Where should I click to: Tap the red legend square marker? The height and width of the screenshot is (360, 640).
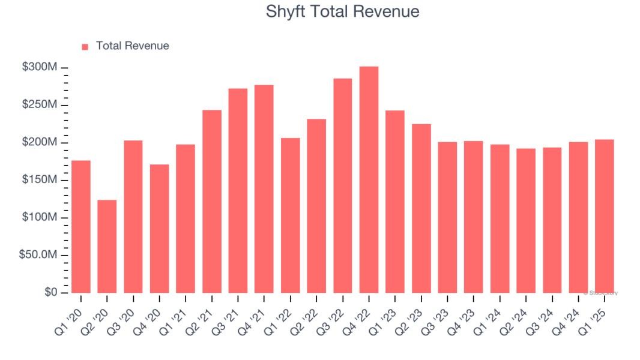[x=85, y=46]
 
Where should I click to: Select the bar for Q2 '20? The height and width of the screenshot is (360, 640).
[x=107, y=246]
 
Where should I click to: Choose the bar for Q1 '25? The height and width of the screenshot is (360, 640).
[x=604, y=216]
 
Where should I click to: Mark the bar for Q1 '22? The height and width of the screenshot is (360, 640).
[x=290, y=215]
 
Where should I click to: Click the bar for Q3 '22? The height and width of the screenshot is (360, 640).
[x=342, y=185]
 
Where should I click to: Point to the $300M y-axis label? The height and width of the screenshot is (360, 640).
[x=40, y=68]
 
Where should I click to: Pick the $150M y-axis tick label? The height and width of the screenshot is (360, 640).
[x=40, y=181]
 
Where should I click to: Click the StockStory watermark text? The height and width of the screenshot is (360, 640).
[x=601, y=293]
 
